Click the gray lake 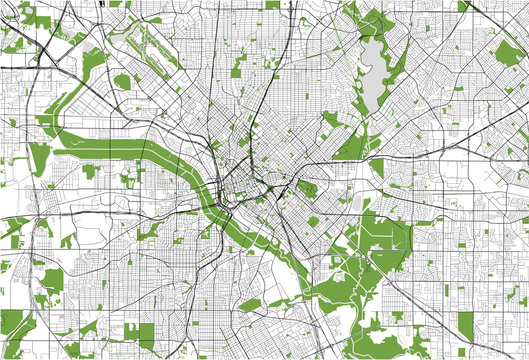[372, 64]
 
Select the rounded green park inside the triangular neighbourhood [123, 81]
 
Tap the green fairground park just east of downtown [304, 188]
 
